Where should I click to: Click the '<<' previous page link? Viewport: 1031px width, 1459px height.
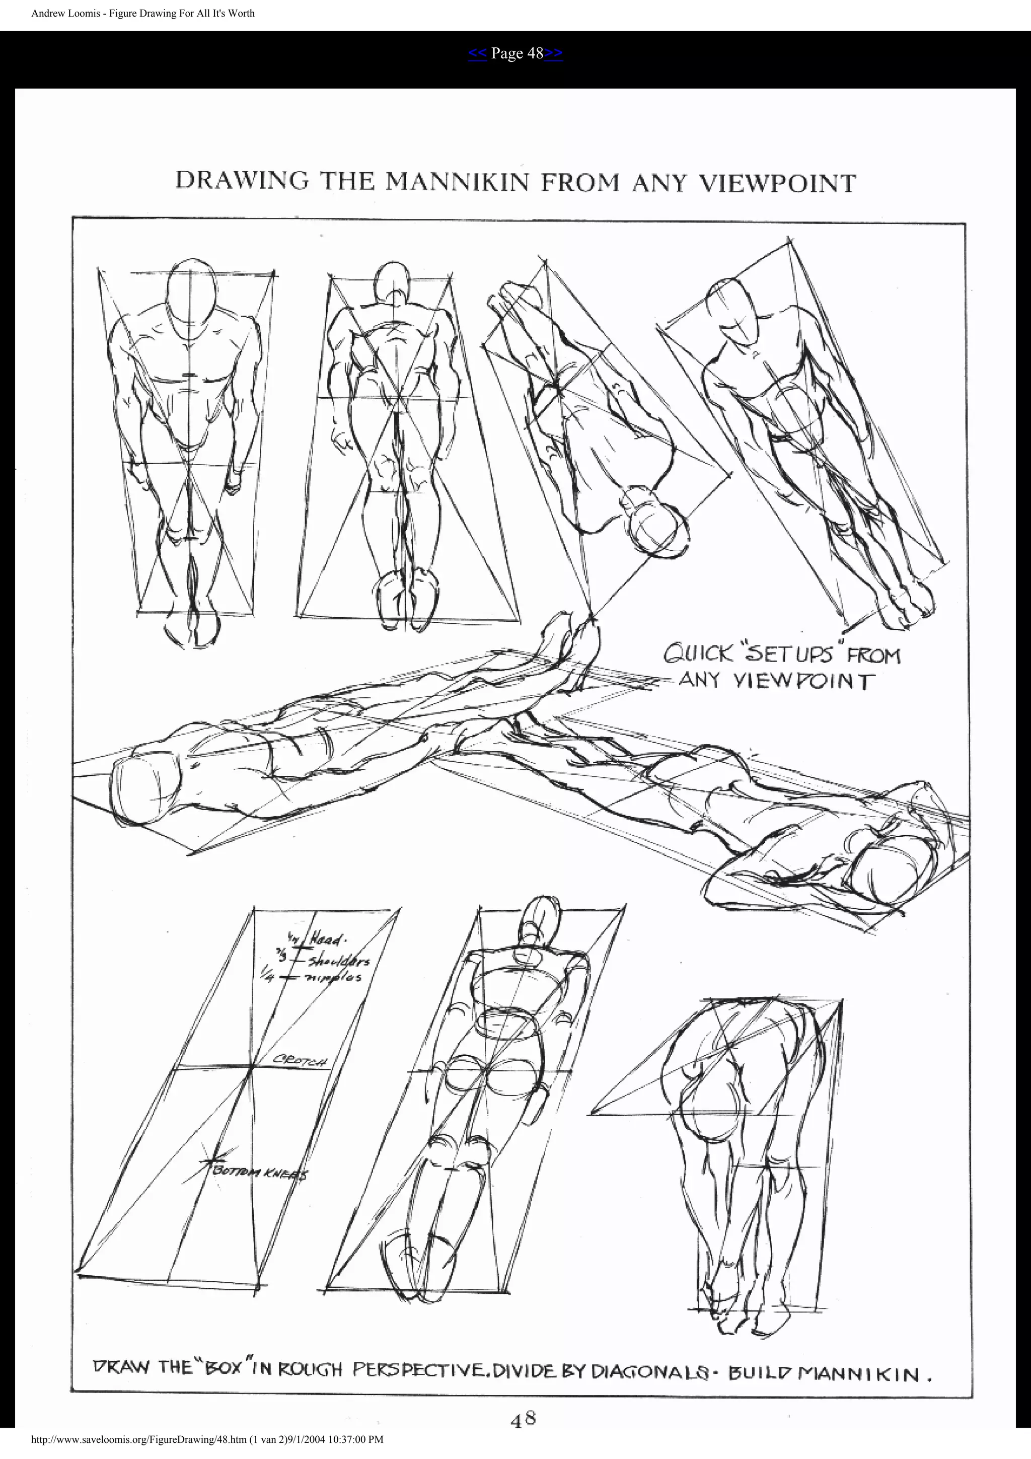[x=477, y=53]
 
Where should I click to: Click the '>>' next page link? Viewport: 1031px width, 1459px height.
[x=553, y=53]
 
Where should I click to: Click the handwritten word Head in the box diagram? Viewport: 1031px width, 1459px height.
[x=328, y=939]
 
